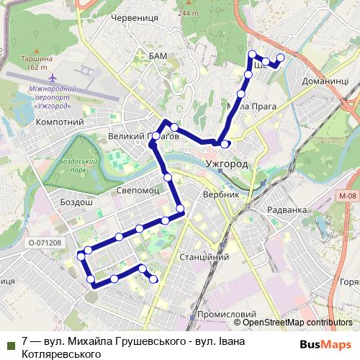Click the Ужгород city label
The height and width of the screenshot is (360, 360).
[227, 165]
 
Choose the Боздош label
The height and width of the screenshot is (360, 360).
[77, 204]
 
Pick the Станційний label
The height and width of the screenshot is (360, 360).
[204, 256]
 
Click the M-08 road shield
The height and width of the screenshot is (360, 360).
[346, 195]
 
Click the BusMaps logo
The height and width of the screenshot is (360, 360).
[325, 344]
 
